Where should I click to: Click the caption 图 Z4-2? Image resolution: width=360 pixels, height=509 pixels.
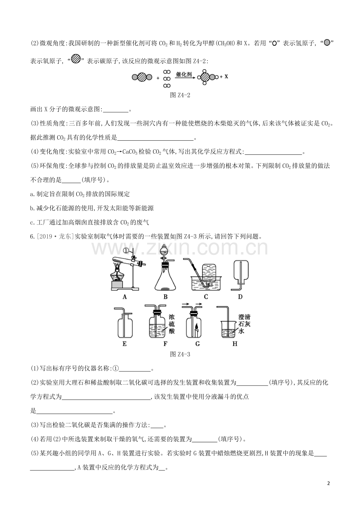tap(180, 95)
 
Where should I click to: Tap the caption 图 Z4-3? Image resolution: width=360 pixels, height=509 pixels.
tap(180, 354)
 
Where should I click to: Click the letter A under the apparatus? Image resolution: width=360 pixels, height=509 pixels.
tap(124, 297)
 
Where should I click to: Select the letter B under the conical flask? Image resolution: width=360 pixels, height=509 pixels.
tap(166, 297)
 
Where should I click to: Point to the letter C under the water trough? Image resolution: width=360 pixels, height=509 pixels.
tap(206, 297)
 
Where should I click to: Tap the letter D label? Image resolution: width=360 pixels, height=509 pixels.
tap(240, 297)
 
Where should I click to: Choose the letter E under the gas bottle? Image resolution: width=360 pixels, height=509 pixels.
tap(124, 344)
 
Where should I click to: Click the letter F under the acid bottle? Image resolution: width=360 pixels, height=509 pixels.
tap(165, 344)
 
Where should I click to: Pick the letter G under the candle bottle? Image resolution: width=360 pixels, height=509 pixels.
tap(197, 344)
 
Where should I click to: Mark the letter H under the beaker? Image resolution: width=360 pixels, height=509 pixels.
tap(235, 344)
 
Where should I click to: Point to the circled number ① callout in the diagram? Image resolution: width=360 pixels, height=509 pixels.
tap(126, 251)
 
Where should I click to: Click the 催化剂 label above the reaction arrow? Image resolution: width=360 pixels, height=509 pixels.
tap(184, 74)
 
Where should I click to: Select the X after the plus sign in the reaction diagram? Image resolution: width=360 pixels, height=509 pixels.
tap(226, 77)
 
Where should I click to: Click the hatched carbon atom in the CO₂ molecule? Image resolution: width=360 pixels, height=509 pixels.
tap(142, 77)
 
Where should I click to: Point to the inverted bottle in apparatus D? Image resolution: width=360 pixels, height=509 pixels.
tap(241, 270)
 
